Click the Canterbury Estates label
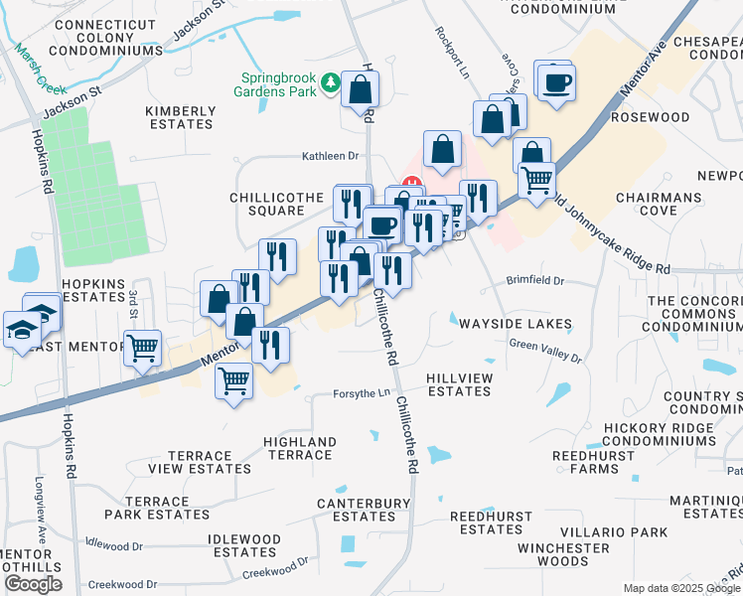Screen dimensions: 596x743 pos(364,510)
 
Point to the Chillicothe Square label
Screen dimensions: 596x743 pos(267,204)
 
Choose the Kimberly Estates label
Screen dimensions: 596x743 pos(180,117)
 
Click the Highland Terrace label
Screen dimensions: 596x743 pos(299,448)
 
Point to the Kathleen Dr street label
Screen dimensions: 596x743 pos(330,156)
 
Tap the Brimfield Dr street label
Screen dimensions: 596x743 pos(534,281)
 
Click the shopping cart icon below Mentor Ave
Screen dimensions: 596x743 pos(233,379)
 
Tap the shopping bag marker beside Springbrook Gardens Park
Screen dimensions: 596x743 pos(359,89)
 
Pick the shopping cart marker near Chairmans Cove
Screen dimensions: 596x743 pos(536,181)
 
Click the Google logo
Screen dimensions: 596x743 pos(33,584)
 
